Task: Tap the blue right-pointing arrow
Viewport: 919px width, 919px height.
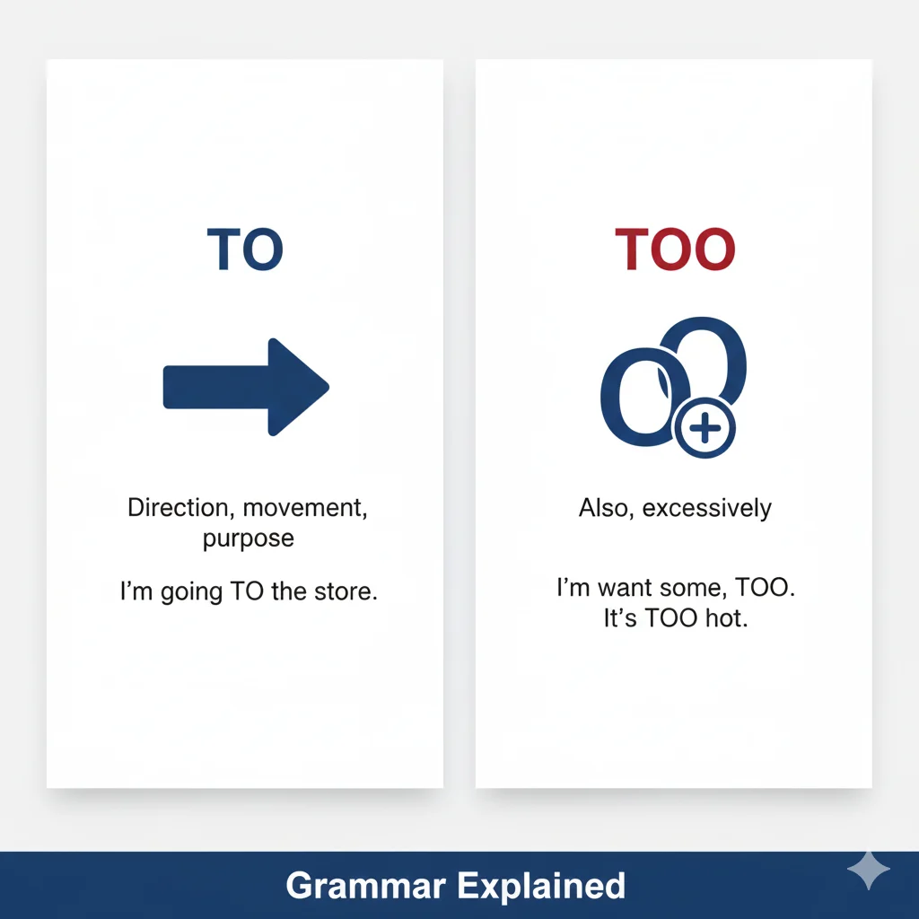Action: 246,387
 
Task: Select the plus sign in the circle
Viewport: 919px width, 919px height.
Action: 705,430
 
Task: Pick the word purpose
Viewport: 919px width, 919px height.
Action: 248,538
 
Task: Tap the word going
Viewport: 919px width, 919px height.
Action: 191,593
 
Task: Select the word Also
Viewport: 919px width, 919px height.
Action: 603,509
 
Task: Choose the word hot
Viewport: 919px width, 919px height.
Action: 726,619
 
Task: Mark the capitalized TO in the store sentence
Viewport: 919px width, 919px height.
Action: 248,592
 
